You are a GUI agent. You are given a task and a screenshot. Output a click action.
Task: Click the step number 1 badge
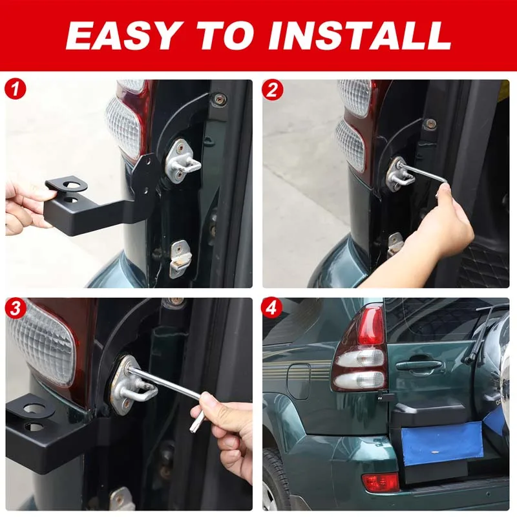16,89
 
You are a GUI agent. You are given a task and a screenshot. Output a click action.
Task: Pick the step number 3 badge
16,308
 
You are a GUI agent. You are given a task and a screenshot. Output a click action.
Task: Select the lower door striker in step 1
180,257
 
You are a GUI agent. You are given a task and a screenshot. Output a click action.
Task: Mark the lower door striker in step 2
395,244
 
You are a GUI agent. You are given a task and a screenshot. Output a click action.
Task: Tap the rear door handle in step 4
419,366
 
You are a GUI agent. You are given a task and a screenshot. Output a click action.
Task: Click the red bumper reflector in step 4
381,482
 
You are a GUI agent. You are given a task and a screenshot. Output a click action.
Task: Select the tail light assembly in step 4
359,349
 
